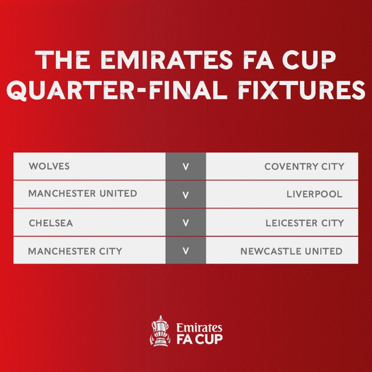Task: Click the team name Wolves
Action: point(49,166)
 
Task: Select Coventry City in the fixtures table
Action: point(304,167)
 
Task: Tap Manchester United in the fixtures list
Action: point(82,194)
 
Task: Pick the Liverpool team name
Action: point(314,194)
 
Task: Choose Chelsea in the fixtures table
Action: point(51,223)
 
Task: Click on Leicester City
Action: point(305,223)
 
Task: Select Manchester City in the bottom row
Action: point(75,251)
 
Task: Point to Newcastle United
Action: point(291,251)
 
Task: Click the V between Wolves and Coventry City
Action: point(186,167)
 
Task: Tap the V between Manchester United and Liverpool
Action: point(186,195)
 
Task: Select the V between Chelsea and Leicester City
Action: point(186,223)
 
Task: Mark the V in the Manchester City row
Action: point(186,251)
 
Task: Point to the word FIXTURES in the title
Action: point(296,91)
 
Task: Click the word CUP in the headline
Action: point(308,61)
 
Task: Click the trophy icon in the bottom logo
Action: point(160,331)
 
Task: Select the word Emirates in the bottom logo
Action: point(199,327)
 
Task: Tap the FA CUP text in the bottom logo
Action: point(199,339)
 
